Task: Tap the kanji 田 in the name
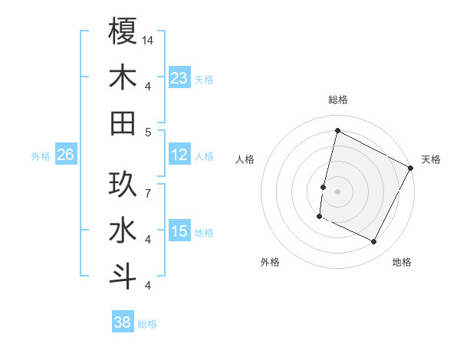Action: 123,123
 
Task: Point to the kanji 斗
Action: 123,275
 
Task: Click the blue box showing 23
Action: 179,77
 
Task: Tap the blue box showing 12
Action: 179,155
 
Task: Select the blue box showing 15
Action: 179,231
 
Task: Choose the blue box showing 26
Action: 65,155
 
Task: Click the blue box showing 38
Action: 122,322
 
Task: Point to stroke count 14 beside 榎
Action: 149,39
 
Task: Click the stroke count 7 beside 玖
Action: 147,185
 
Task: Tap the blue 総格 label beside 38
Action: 147,324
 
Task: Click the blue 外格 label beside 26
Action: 41,156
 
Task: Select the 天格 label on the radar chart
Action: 431,159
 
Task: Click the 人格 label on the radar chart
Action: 245,159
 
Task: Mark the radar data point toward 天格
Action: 411,168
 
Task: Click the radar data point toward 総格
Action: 337,130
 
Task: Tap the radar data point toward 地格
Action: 374,242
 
